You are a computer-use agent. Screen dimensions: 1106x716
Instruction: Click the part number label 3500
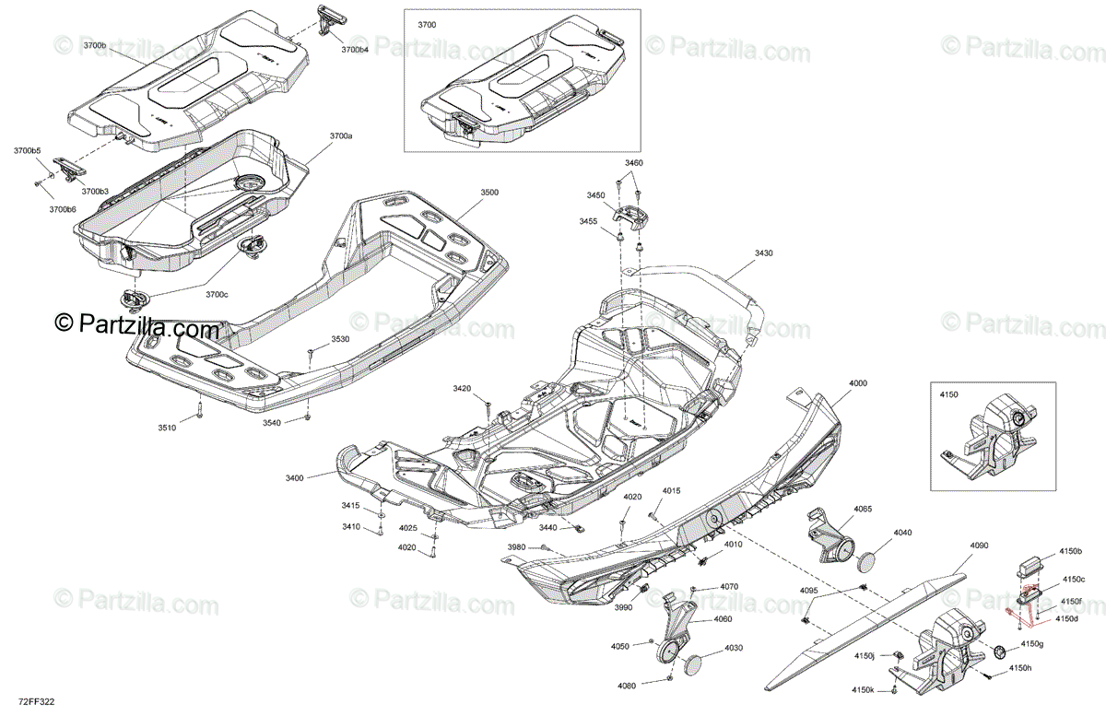(x=489, y=193)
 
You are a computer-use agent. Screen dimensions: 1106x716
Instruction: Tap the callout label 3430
(x=764, y=253)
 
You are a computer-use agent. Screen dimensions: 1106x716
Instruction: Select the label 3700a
(x=342, y=135)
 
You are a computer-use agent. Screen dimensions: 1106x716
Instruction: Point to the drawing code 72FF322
(x=37, y=701)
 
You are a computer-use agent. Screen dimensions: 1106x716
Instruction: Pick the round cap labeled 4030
(x=694, y=665)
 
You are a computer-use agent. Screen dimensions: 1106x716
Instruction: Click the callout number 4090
(x=979, y=546)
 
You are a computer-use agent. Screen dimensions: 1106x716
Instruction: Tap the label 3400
(x=295, y=478)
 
